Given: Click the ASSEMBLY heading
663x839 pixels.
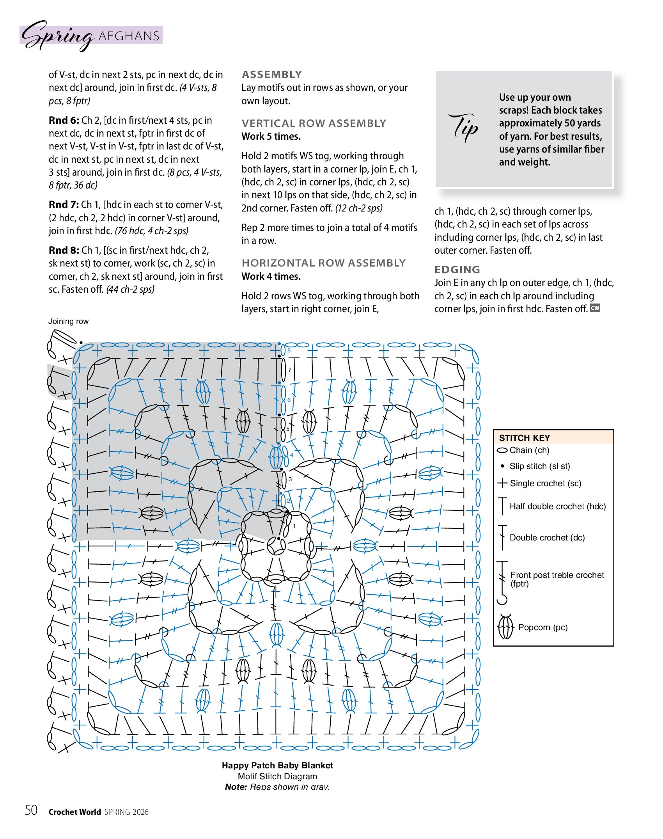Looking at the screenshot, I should click(x=272, y=75).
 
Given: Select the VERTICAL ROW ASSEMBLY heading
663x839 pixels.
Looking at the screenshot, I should click(x=314, y=123).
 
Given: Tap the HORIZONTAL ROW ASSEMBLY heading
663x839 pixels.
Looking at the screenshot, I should click(x=323, y=263).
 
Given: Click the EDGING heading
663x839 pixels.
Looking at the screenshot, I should click(x=457, y=270).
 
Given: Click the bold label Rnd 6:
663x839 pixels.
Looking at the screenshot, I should click(x=64, y=121).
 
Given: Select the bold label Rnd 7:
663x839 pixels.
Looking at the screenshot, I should click(x=64, y=205).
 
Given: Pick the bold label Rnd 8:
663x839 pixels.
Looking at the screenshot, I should click(x=64, y=251).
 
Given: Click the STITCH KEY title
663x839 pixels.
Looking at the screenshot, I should click(x=524, y=438).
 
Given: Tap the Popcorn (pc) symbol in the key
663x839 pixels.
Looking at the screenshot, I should click(x=505, y=627).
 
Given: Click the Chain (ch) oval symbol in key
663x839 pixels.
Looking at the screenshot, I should click(x=502, y=450).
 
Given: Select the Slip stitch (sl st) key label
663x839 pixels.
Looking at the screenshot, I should click(x=539, y=466).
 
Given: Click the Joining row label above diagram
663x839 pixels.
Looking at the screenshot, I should click(x=68, y=321).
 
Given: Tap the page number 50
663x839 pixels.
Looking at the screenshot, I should click(x=31, y=811).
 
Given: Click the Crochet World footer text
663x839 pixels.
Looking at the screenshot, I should click(x=74, y=812).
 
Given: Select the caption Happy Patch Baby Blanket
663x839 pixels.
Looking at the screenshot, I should click(x=277, y=766).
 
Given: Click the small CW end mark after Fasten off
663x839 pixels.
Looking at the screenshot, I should click(x=595, y=308).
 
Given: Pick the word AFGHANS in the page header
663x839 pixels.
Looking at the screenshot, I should click(x=129, y=36).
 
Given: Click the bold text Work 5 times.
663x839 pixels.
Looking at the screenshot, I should click(x=271, y=137).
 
